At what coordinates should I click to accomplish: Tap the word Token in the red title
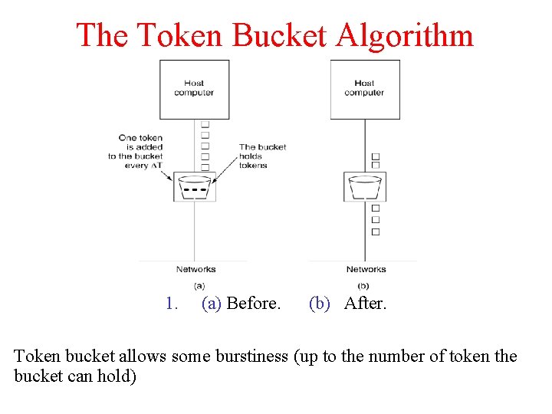172,36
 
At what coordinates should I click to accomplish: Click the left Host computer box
194,89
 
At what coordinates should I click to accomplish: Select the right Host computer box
364,89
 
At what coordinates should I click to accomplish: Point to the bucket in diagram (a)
195,187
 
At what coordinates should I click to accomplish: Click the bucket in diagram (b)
364,187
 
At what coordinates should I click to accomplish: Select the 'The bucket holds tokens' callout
262,156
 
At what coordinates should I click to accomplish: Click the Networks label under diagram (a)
195,269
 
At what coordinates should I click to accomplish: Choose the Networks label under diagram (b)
366,269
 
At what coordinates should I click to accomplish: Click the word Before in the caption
253,304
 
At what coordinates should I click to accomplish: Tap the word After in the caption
366,304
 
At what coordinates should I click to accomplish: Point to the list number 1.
171,304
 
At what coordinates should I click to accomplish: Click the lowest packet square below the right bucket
376,232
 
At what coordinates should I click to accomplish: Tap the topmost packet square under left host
205,124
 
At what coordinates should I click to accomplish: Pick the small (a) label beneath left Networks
199,285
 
